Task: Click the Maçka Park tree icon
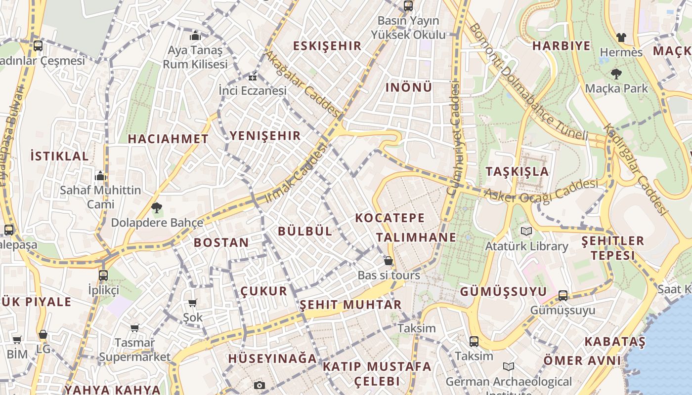616,74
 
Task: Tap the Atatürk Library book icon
526,231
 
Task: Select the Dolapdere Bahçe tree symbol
157,208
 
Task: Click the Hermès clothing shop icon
621,37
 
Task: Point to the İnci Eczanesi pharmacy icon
253,77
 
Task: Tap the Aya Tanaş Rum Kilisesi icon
195,36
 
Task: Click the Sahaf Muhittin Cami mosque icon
100,176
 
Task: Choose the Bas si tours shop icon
389,261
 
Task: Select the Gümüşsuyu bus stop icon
563,296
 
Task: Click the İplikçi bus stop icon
103,276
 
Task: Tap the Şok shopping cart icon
193,303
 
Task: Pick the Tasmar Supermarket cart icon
134,328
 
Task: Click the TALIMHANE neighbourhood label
416,237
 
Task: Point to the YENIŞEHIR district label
265,136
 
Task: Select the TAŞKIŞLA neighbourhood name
517,171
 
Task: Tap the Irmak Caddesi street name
296,173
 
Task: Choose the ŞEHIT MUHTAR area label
350,305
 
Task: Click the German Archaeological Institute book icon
509,366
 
